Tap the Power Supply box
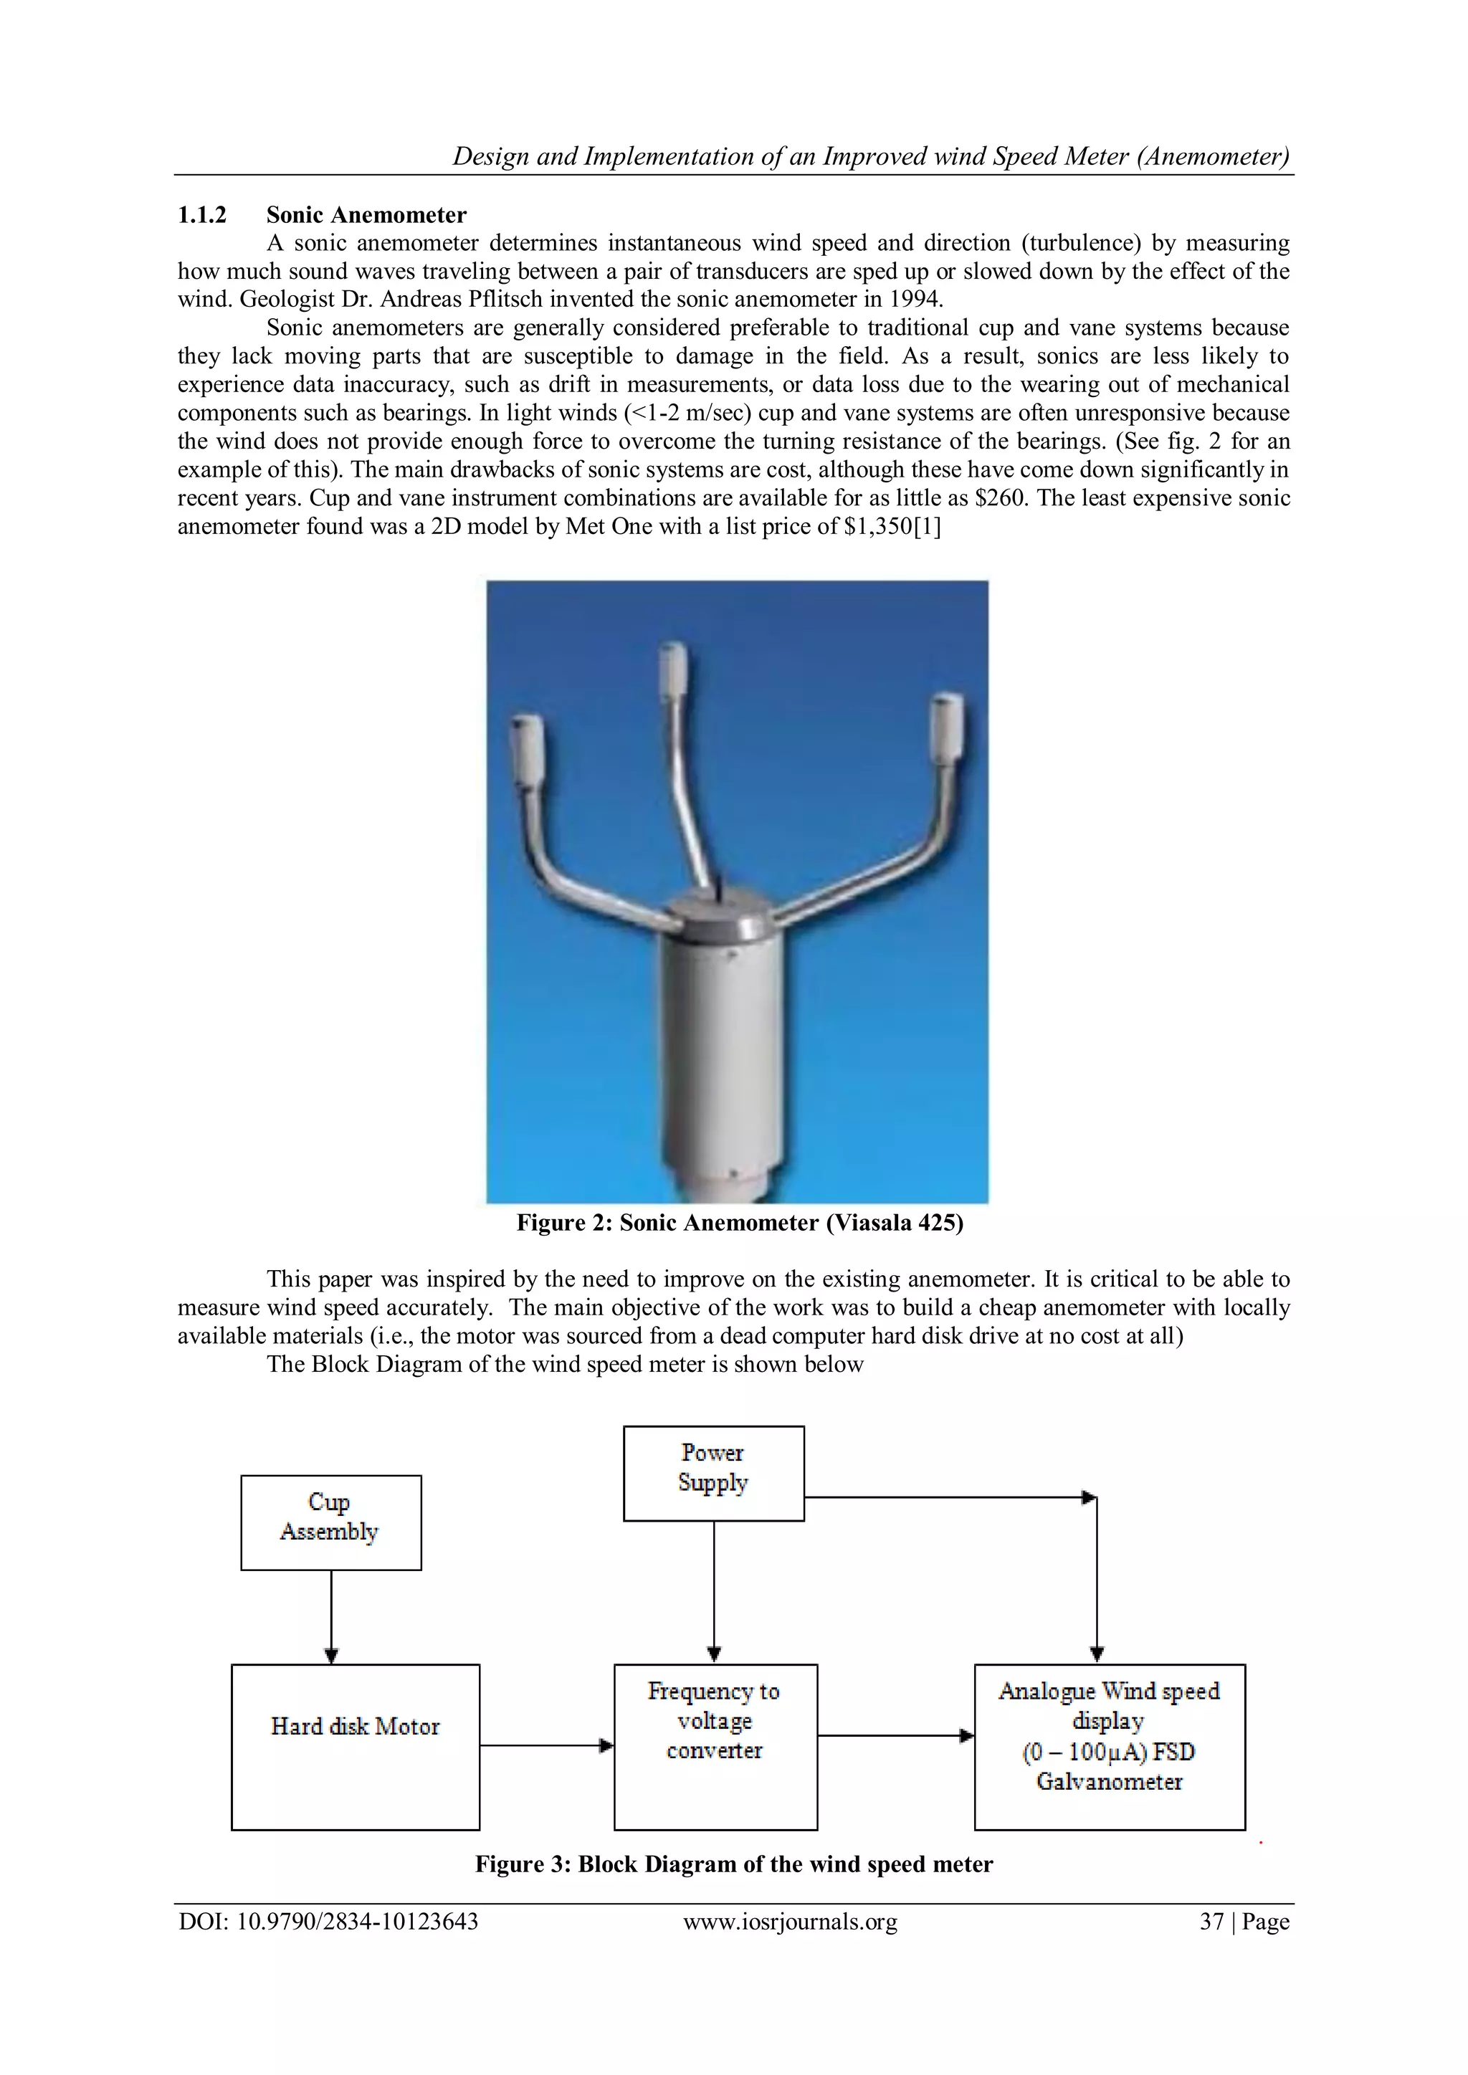click(x=713, y=1473)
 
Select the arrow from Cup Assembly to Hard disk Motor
click(x=331, y=1617)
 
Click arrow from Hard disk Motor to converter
click(x=546, y=1745)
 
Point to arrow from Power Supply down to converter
click(x=714, y=1590)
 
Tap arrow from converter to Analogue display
click(x=895, y=1735)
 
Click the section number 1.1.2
click(x=201, y=215)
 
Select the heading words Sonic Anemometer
click(x=366, y=215)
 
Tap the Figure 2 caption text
click(x=740, y=1223)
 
